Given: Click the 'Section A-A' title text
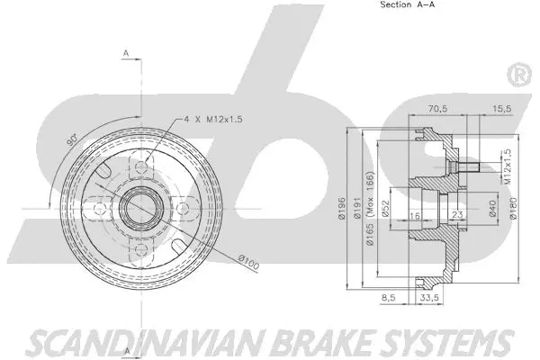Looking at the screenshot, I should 406,5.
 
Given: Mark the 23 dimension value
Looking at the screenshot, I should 457,215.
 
